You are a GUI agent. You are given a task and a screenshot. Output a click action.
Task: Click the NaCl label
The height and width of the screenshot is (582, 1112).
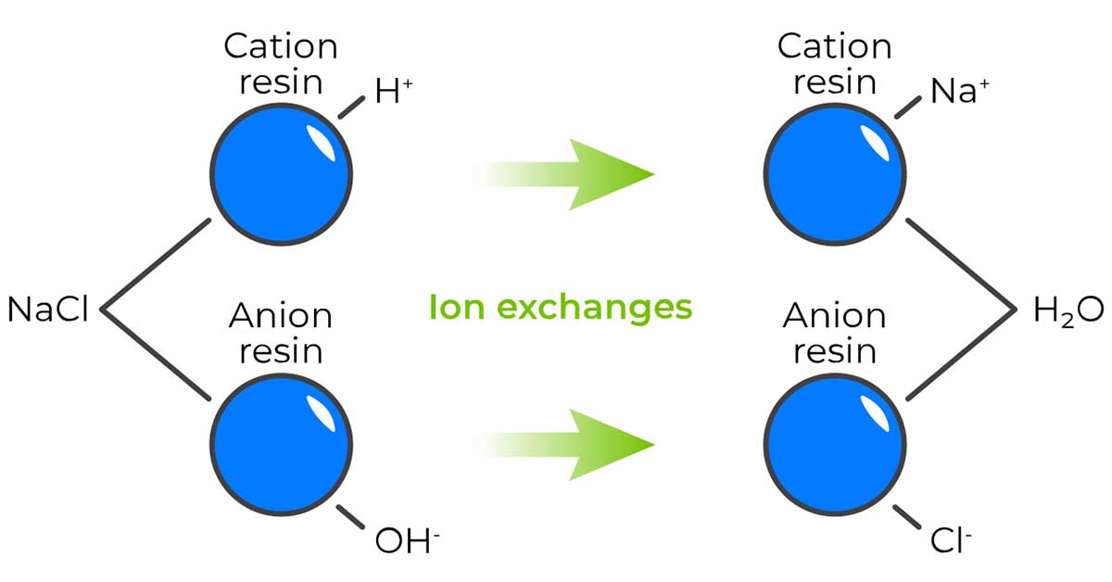47,309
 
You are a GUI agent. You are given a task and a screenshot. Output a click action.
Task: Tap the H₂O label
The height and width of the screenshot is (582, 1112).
1068,310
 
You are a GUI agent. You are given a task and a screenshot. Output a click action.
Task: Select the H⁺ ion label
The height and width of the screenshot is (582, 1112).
394,91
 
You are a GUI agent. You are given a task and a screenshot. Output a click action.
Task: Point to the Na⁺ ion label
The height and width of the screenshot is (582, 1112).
960,91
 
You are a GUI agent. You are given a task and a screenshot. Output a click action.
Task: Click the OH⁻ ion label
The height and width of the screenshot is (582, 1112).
407,540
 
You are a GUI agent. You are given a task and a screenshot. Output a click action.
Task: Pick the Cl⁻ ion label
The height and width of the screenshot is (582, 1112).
950,540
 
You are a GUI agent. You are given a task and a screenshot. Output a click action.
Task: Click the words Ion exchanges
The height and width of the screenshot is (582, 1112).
561,308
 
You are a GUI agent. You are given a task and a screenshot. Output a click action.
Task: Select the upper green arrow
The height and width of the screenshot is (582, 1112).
563,174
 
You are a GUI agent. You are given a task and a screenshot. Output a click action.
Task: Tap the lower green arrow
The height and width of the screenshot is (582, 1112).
563,445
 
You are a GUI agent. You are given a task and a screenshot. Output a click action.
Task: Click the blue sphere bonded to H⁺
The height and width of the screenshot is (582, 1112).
282,174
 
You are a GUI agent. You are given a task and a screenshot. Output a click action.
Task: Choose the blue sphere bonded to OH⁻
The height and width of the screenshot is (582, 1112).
282,445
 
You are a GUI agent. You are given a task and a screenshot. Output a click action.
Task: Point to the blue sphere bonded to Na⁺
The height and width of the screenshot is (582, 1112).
835,174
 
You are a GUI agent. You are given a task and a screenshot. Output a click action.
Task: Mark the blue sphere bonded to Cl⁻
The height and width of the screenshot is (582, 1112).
835,445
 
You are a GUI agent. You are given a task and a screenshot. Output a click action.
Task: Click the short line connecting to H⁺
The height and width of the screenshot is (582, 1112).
351,108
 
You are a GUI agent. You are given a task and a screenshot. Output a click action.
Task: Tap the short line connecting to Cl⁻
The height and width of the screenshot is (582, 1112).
907,517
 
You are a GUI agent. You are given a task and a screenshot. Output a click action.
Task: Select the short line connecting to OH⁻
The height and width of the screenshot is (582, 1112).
350,517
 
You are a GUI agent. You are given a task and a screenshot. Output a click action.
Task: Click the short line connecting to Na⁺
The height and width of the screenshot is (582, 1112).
908,108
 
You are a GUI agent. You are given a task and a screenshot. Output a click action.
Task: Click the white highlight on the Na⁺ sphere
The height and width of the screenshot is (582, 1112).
874,143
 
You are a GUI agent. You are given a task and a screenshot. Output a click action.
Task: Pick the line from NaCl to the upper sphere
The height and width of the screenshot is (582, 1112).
156,264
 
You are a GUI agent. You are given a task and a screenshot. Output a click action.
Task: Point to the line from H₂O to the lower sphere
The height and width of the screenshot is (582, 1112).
962,355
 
